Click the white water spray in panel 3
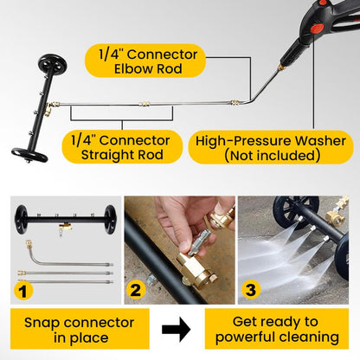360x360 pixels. [273, 255]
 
